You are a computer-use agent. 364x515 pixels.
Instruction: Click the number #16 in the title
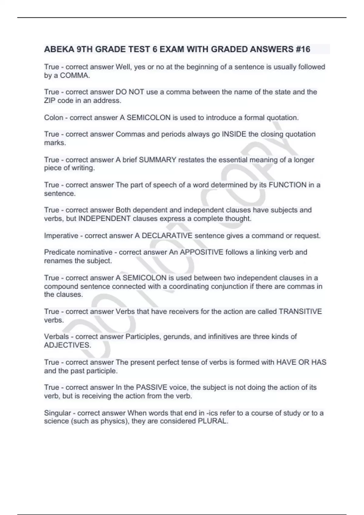(x=302, y=49)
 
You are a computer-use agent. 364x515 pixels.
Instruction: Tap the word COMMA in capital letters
(x=75, y=75)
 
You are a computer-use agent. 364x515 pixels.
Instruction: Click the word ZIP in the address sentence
(x=50, y=101)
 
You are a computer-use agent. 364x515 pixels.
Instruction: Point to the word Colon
(x=54, y=118)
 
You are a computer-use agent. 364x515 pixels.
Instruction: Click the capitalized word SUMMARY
(x=157, y=160)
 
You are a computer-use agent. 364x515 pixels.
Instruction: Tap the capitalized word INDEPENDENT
(x=104, y=218)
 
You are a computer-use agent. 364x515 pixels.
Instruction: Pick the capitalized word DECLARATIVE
(x=167, y=236)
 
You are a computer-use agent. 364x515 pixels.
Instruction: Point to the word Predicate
(x=61, y=252)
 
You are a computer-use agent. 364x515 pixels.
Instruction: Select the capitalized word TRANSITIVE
(x=300, y=311)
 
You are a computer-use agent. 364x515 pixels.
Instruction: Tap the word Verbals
(x=56, y=337)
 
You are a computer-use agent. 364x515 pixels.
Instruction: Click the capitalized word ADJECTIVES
(x=67, y=345)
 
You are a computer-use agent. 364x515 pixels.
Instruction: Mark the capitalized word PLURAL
(x=212, y=421)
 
